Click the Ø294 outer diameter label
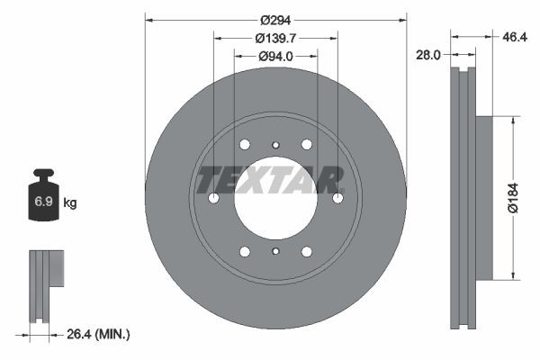[x=275, y=19]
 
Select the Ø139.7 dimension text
[x=275, y=38]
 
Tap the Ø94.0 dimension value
[x=275, y=57]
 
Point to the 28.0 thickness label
[x=428, y=55]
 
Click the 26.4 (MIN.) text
[x=99, y=335]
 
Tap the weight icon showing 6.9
[x=43, y=200]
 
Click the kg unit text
[x=70, y=203]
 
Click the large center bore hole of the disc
[x=275, y=198]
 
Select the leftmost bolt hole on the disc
[x=213, y=198]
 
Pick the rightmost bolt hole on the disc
[x=337, y=198]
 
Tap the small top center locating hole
[x=275, y=144]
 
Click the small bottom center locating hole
[x=275, y=252]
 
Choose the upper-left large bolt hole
[x=245, y=144]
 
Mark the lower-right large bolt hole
[x=306, y=252]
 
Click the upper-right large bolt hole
[x=306, y=144]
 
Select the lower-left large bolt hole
[x=245, y=252]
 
